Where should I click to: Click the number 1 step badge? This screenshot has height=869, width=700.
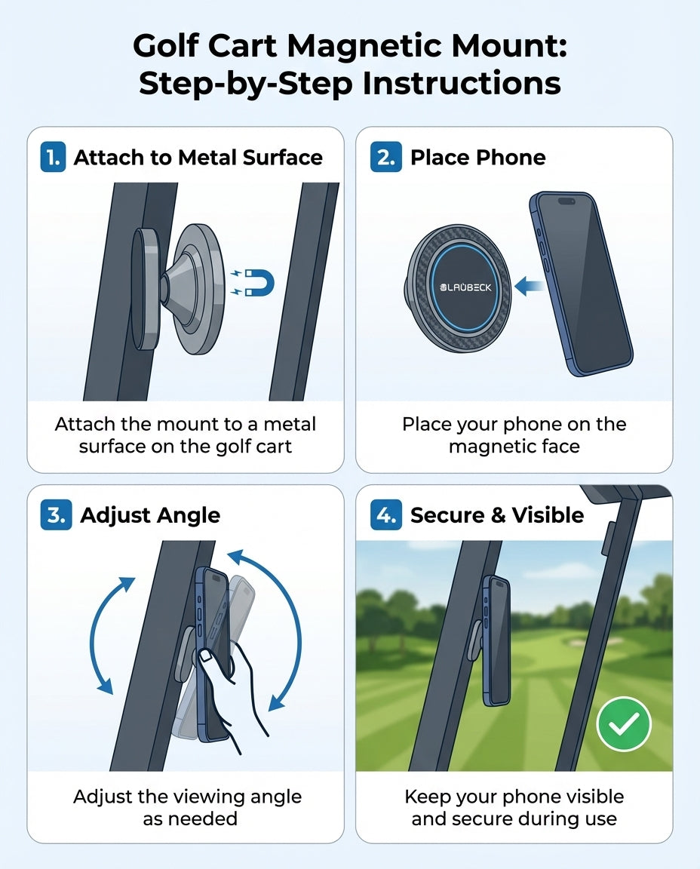53,158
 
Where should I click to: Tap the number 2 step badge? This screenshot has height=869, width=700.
385,158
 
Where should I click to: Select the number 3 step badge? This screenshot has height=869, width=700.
54,515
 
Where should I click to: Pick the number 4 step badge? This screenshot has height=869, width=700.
385,515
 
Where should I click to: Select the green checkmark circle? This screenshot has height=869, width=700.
623,723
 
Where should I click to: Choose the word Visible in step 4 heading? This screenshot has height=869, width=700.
548,515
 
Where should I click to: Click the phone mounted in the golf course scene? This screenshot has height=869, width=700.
496,641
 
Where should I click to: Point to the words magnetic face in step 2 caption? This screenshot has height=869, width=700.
514,446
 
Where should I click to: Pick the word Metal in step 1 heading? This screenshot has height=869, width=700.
207,158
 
